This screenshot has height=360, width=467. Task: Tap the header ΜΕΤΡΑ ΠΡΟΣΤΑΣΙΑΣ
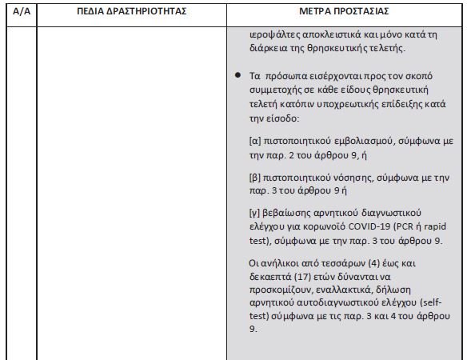coord(344,14)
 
